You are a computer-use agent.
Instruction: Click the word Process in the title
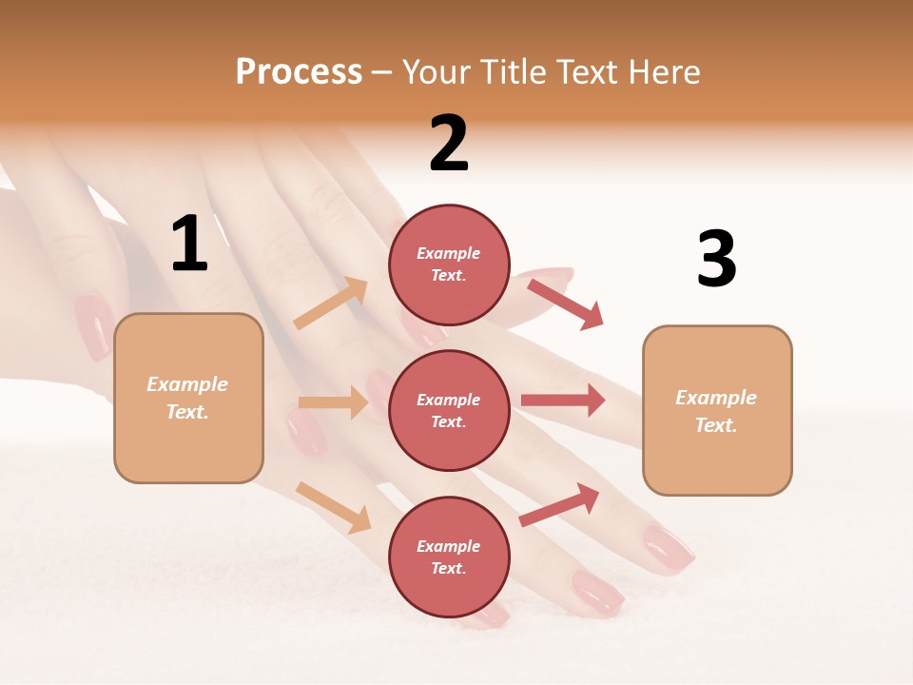coord(299,72)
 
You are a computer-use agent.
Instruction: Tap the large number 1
coord(189,245)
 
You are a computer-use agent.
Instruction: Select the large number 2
coord(449,144)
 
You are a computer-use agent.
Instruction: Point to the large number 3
coord(716,259)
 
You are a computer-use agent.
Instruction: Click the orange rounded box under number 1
coord(188,398)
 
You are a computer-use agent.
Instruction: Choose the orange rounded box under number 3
coord(717,411)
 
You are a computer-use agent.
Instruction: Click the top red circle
coord(449,264)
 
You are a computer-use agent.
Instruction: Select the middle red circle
coord(449,410)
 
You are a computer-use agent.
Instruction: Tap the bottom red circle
coord(449,557)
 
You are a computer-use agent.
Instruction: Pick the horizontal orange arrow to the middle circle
coord(332,402)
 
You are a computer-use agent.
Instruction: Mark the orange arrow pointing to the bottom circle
coord(333,507)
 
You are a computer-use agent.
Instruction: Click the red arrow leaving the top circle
coord(565,303)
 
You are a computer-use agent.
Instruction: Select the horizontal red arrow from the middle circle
coord(562,400)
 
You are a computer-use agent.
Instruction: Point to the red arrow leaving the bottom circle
coord(559,505)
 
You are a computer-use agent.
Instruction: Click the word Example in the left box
coord(187,384)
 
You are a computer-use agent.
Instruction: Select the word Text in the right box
coord(715,425)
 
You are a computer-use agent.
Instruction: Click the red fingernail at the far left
coord(93,327)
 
